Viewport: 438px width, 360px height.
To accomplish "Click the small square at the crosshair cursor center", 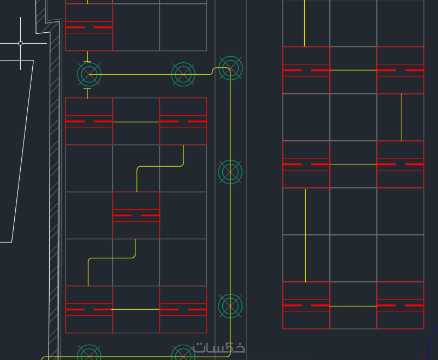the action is (20, 43).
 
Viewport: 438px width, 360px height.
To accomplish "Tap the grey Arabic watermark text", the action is (218, 347).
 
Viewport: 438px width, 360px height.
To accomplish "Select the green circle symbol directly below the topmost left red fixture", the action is (89, 74).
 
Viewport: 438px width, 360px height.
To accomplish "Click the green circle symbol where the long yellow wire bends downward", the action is (230, 68).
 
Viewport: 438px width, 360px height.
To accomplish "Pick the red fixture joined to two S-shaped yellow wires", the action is (136, 215).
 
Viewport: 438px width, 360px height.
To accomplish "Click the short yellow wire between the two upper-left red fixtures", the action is (136, 122).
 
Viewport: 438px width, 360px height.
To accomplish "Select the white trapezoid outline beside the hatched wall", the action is (22, 151).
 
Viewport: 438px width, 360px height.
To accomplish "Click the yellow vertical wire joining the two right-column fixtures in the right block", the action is (401, 117).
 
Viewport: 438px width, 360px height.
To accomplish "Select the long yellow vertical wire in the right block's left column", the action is (305, 235).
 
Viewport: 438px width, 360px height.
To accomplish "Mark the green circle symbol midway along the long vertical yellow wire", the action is (230, 172).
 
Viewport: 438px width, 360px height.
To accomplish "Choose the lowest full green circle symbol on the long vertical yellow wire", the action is (230, 306).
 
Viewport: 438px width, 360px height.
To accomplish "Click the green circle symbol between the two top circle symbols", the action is (184, 74).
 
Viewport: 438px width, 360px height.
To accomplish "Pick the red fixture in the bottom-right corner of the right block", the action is (400, 305).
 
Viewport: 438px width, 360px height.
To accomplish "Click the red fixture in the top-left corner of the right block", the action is (306, 70).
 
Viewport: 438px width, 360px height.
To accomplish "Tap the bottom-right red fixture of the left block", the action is (184, 309).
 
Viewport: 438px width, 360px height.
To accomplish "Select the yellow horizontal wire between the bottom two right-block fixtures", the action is (353, 306).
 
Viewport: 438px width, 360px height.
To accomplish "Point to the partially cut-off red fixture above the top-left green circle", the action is (89, 27).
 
